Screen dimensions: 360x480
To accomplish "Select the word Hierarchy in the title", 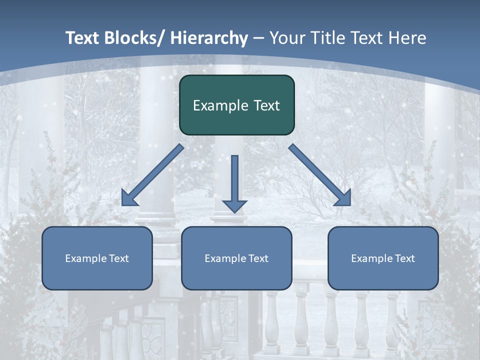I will tap(209, 38).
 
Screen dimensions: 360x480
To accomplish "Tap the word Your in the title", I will tap(288, 38).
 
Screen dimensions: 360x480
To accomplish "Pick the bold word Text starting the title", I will tap(81, 38).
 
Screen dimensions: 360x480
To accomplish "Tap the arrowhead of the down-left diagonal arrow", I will tap(129, 198).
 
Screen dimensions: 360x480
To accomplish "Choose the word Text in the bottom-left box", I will tap(118, 258).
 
